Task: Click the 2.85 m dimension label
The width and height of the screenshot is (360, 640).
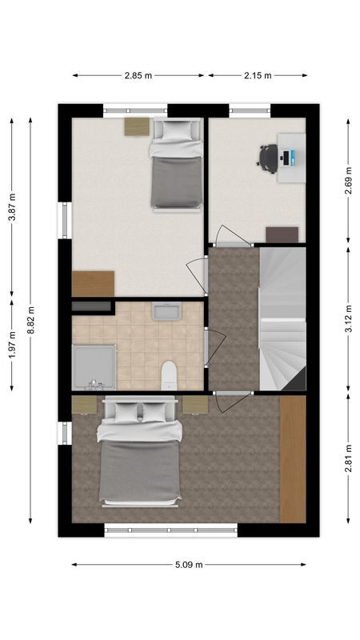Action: (139, 75)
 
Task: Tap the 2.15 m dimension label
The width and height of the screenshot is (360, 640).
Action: (258, 75)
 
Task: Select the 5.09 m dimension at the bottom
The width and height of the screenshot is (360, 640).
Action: (189, 564)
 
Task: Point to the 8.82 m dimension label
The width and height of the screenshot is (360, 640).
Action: (31, 318)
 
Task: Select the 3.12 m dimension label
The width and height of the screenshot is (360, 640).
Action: (348, 318)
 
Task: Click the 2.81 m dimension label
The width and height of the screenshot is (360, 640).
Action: (348, 458)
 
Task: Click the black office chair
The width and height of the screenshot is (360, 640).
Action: (268, 156)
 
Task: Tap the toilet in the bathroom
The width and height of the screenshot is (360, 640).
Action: (169, 375)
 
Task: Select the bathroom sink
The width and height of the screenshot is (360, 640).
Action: (167, 311)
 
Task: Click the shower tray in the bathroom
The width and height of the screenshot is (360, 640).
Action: (94, 366)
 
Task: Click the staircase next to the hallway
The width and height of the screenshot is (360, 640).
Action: (282, 320)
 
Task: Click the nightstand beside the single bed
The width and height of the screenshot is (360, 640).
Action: (136, 126)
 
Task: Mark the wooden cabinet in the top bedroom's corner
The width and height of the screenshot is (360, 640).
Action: (93, 284)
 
